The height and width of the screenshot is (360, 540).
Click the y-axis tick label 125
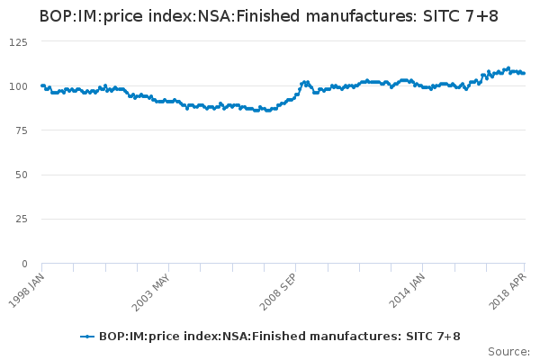pyautogui.click(x=19, y=41)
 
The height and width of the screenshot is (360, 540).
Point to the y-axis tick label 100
pyautogui.click(x=19, y=85)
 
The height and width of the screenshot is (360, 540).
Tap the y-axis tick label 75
pyautogui.click(x=22, y=130)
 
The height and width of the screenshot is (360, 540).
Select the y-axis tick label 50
pyautogui.click(x=22, y=175)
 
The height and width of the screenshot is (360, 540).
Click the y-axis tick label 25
pyautogui.click(x=22, y=219)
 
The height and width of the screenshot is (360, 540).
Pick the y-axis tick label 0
pyautogui.click(x=25, y=263)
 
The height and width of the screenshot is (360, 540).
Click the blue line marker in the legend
pyautogui.click(x=87, y=336)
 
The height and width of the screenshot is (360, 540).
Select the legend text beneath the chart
pyautogui.click(x=280, y=336)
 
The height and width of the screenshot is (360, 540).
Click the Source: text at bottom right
pyautogui.click(x=508, y=351)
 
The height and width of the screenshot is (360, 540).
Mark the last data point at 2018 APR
pyautogui.click(x=524, y=73)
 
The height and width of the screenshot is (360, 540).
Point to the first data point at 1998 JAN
pyautogui.click(x=42, y=85)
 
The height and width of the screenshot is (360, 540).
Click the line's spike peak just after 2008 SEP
pyautogui.click(x=304, y=82)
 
